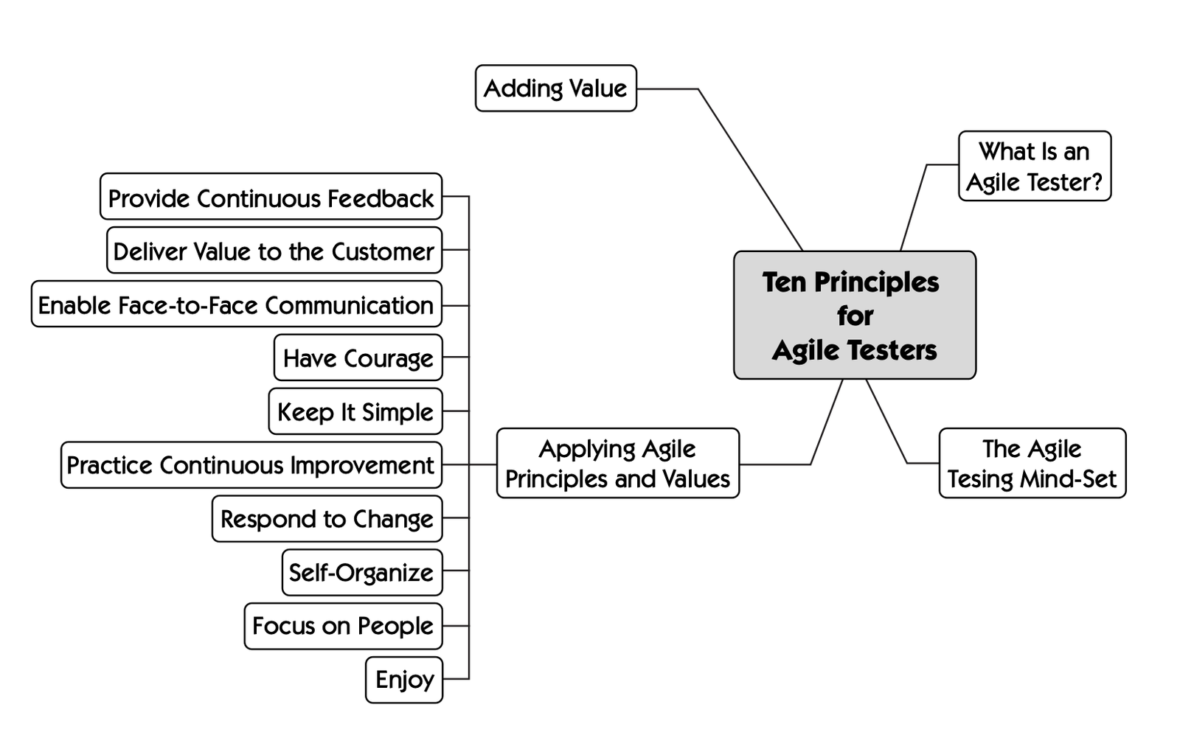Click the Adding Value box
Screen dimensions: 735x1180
click(555, 88)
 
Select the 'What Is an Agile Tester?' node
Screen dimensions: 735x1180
click(1034, 166)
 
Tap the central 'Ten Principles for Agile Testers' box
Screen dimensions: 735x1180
click(854, 315)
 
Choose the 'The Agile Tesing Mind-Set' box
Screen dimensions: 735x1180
click(1032, 463)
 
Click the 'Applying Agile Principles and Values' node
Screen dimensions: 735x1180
click(617, 463)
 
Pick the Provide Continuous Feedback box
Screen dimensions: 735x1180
click(271, 197)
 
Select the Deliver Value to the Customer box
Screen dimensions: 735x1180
click(274, 251)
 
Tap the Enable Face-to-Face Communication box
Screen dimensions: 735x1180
click(236, 304)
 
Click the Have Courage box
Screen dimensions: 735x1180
click(358, 358)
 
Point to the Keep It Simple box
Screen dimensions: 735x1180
click(355, 411)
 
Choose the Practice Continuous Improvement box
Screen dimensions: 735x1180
click(251, 464)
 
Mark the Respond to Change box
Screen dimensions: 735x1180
click(327, 518)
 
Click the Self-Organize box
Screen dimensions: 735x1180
click(361, 572)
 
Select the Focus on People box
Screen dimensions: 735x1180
click(343, 626)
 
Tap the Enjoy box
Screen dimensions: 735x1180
click(404, 679)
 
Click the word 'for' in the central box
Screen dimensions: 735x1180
click(855, 316)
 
